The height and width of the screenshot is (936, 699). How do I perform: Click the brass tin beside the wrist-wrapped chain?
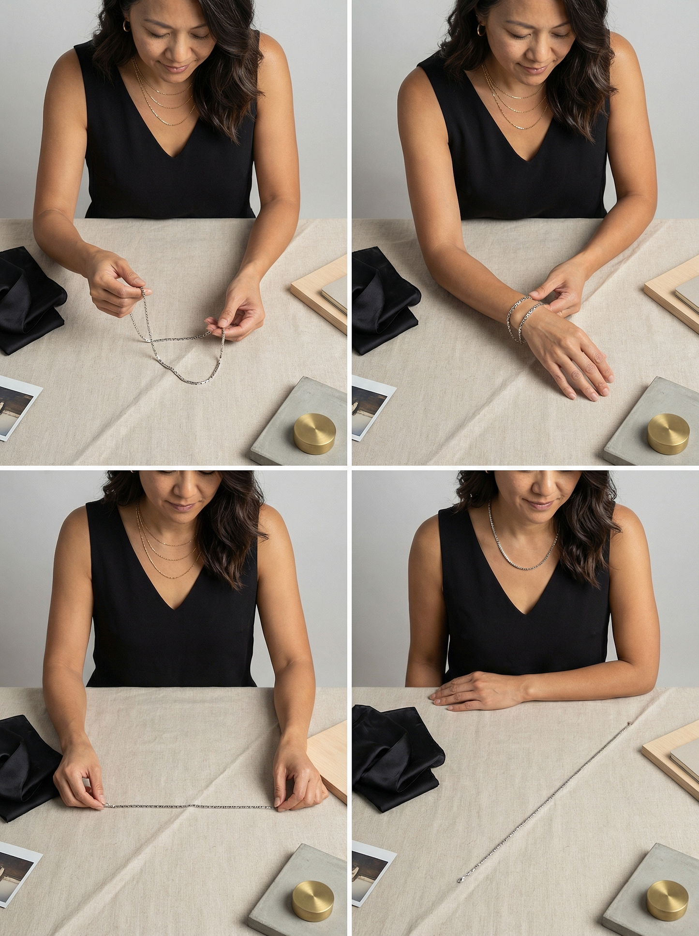(x=668, y=433)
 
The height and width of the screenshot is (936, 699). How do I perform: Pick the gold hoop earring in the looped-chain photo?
(x=127, y=26)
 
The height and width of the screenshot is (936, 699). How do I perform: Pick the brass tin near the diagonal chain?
(x=668, y=900)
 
